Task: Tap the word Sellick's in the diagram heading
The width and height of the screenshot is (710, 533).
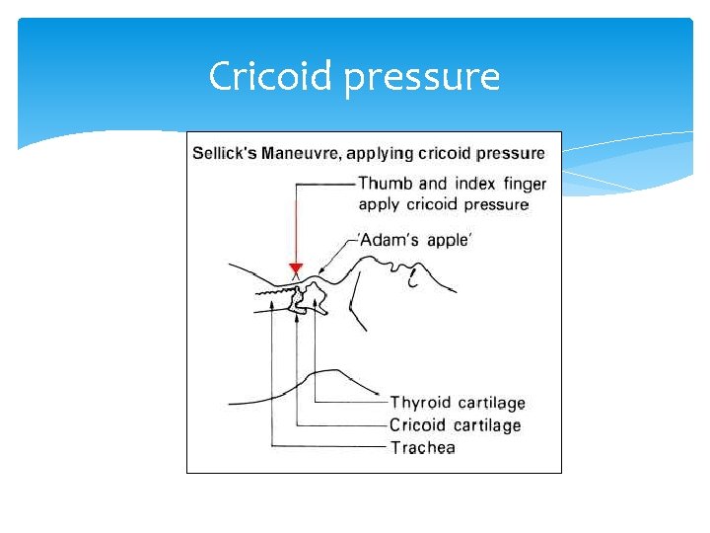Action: [x=225, y=153]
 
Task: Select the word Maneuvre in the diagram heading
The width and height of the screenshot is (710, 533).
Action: [x=303, y=153]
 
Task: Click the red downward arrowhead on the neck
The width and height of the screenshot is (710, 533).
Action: [x=295, y=268]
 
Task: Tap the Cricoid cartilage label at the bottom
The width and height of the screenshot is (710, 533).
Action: [x=455, y=425]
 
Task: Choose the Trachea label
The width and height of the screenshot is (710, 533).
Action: [x=423, y=448]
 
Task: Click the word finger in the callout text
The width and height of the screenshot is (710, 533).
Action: [x=524, y=185]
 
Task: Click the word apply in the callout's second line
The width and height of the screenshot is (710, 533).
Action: [x=379, y=205]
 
